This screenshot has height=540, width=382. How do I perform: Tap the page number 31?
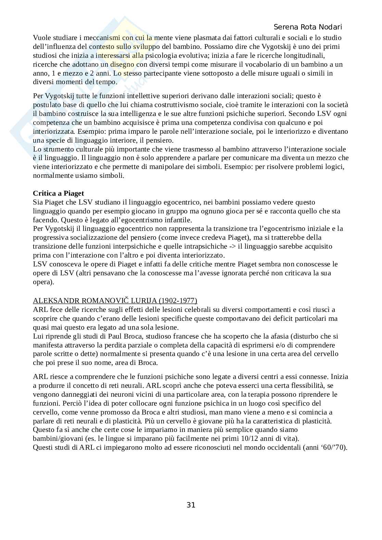pos(191,505)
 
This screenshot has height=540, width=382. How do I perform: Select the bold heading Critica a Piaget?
pos(58,193)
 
